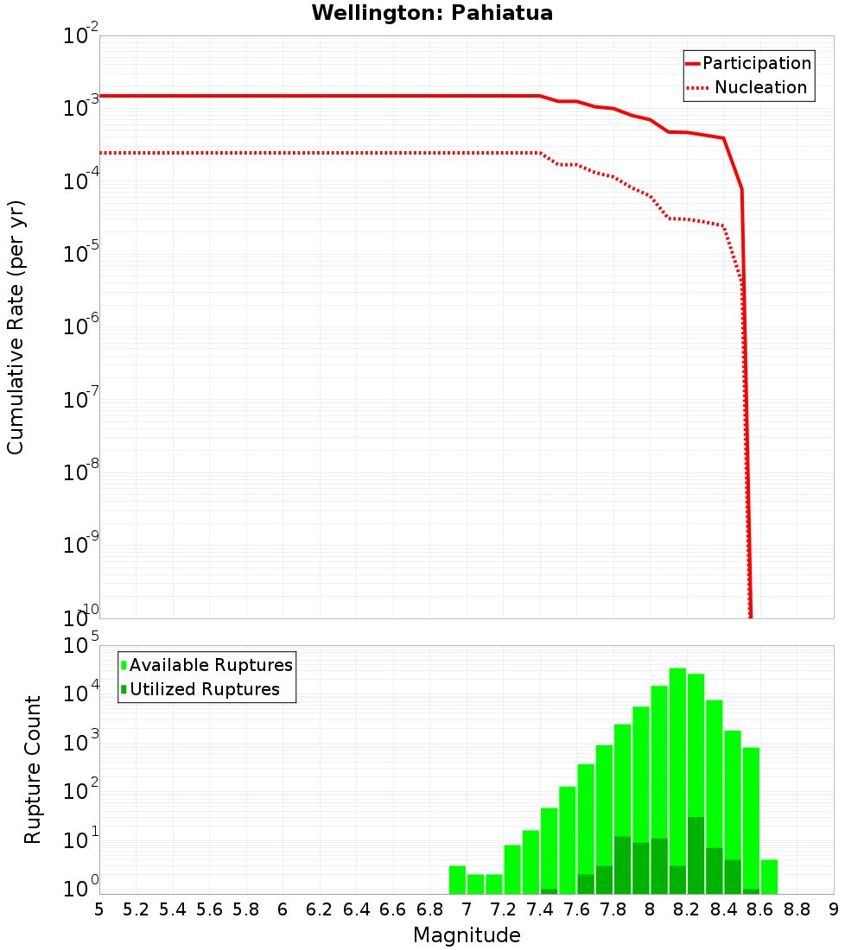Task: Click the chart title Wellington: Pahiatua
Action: point(432,13)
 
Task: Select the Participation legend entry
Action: point(748,63)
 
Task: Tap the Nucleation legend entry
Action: point(748,87)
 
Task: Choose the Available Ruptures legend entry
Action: point(206,665)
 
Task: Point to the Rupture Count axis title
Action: point(33,769)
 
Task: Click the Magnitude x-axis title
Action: point(467,935)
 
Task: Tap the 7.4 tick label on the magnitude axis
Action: point(540,909)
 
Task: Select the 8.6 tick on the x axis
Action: point(760,909)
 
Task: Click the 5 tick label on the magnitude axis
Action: point(99,909)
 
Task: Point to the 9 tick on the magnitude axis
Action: point(834,909)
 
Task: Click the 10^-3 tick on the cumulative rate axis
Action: point(81,108)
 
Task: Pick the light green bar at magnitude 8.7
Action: point(769,876)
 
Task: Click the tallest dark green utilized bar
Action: point(696,855)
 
